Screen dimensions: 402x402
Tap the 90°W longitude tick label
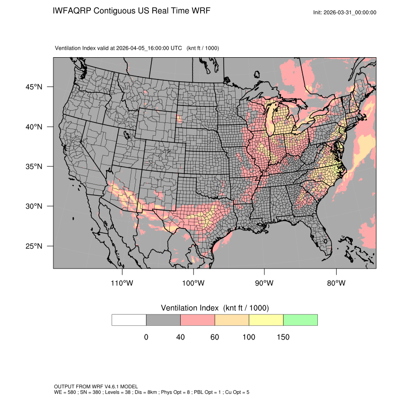click(264, 283)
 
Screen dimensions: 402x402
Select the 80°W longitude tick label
click(336, 283)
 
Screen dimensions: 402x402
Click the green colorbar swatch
click(300, 320)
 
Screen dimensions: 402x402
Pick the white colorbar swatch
click(129, 320)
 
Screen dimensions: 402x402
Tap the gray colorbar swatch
click(163, 320)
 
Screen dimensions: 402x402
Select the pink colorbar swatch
click(198, 320)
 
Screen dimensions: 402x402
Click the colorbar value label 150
click(283, 337)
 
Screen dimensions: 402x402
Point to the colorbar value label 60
click(215, 337)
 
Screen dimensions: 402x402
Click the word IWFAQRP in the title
click(72, 10)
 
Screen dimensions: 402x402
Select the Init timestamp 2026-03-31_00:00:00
click(351, 12)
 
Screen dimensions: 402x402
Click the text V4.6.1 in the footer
click(108, 386)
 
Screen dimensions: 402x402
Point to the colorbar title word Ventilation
click(182, 308)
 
